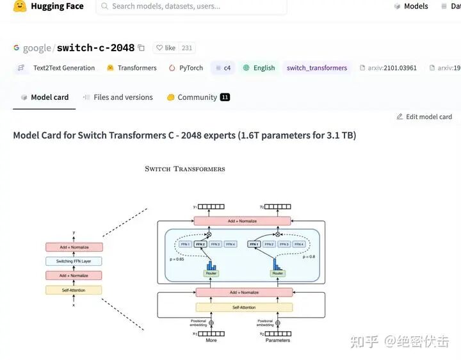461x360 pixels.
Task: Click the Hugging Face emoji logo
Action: pos(20,6)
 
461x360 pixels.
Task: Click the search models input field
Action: pos(192,6)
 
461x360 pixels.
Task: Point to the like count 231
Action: pos(187,48)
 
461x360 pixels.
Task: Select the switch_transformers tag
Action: pos(316,68)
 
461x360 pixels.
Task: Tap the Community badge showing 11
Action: pos(225,97)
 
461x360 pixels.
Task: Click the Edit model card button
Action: pos(424,117)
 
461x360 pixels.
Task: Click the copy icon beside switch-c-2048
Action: pos(142,48)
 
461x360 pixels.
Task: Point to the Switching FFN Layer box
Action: pos(74,261)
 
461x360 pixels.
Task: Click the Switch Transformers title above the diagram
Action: pos(185,169)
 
